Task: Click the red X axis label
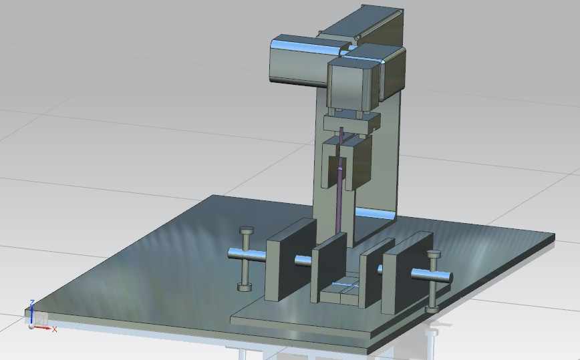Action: point(55,329)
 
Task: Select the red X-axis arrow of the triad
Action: point(47,327)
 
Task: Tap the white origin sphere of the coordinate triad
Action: point(31,326)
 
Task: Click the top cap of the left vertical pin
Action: point(246,230)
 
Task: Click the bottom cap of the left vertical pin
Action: point(245,287)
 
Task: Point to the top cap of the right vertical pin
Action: point(434,254)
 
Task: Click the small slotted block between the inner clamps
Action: point(342,292)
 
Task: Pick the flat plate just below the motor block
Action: point(351,122)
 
